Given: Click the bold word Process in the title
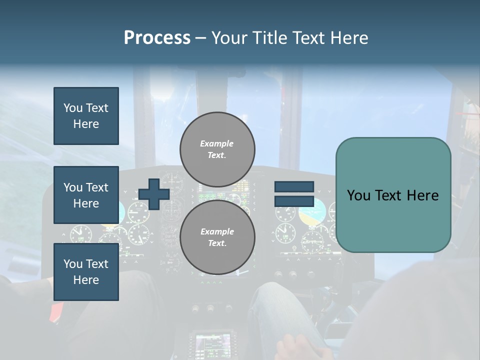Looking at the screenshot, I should coord(157,38).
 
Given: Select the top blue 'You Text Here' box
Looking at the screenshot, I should coord(86,116).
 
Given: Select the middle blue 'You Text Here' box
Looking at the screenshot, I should coord(86,195).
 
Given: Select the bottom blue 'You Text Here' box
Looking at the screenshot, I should coord(86,272).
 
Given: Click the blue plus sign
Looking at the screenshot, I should coord(154,194).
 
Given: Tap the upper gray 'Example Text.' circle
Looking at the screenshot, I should coord(217,149).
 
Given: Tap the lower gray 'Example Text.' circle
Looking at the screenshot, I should coord(217,237).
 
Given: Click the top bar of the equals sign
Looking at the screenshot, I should coord(294,187).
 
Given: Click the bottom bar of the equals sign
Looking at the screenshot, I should coord(294,201).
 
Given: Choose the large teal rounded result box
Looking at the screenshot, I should coord(393,195).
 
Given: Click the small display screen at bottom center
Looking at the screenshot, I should coord(213,343).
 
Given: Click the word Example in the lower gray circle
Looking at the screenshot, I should coord(217,231).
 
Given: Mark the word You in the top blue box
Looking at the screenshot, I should coord(73,108).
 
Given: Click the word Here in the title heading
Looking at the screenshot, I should coord(349,38).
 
